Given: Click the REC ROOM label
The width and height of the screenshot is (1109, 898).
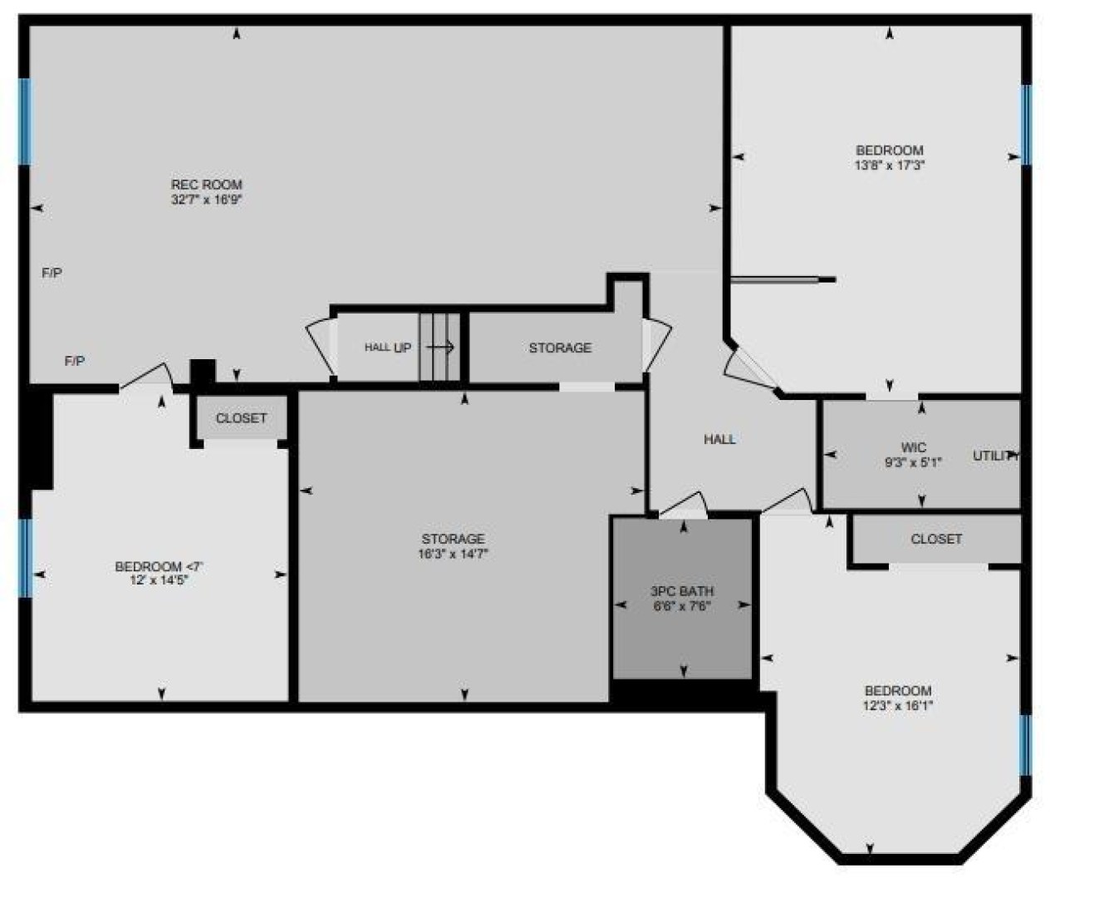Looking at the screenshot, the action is coord(207,185).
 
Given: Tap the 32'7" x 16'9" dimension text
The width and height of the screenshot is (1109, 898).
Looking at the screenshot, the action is coord(207,200).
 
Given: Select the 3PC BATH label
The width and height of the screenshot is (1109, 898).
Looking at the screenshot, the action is coord(682,591).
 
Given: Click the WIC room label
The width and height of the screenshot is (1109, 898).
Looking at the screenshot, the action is coord(914,447).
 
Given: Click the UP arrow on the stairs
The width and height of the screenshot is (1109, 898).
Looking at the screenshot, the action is coord(440,347).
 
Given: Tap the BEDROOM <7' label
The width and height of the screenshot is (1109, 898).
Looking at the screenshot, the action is coord(159,566).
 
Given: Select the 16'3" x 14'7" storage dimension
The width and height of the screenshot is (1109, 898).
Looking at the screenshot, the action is coord(453,554).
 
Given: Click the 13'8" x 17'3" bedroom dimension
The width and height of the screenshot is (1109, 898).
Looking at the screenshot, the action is coord(890,165).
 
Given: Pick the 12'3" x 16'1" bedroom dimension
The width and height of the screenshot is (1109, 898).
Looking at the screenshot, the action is coord(898,706).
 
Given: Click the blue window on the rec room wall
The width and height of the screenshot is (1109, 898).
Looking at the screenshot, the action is coord(25,121).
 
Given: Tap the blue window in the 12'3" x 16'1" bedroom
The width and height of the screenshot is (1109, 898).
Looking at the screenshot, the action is coord(1025,745).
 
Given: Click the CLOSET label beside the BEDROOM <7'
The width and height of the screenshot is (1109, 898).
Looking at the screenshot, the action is coord(241,418).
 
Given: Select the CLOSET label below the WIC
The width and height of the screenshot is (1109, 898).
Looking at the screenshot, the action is coord(936,539).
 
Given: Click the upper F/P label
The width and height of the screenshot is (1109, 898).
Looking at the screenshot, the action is coord(52,273).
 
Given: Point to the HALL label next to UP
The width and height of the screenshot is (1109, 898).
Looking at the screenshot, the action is coord(377,347).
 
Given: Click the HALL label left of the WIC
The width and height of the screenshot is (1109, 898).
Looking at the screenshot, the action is coord(720,439).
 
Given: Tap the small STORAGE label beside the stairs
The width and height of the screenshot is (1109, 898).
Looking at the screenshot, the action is coord(560,348).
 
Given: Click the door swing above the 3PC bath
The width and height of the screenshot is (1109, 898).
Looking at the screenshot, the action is coord(684,505).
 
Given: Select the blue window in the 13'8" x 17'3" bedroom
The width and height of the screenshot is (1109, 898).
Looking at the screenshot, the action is coord(1026,125).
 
